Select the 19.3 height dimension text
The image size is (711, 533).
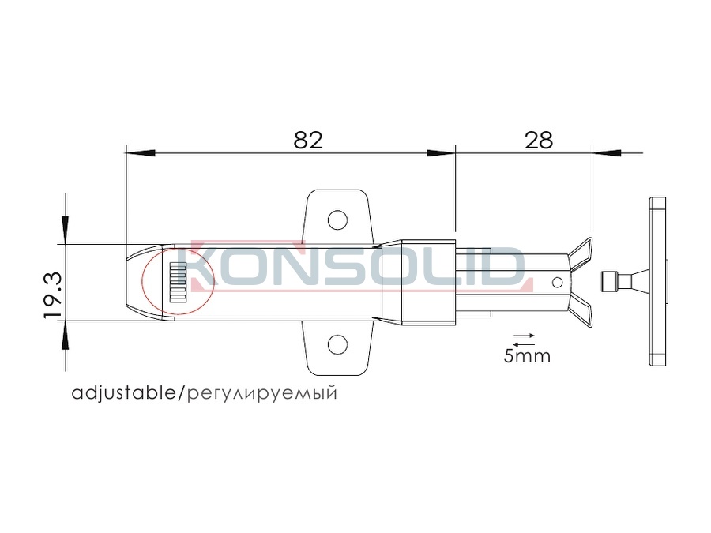(52, 295)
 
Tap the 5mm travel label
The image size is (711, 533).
(527, 356)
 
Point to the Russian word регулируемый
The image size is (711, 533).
(262, 393)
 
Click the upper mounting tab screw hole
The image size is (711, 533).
(337, 220)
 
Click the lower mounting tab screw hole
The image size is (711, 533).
(337, 345)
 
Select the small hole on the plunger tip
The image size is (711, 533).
(557, 283)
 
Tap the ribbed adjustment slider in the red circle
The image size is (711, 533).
(179, 283)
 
